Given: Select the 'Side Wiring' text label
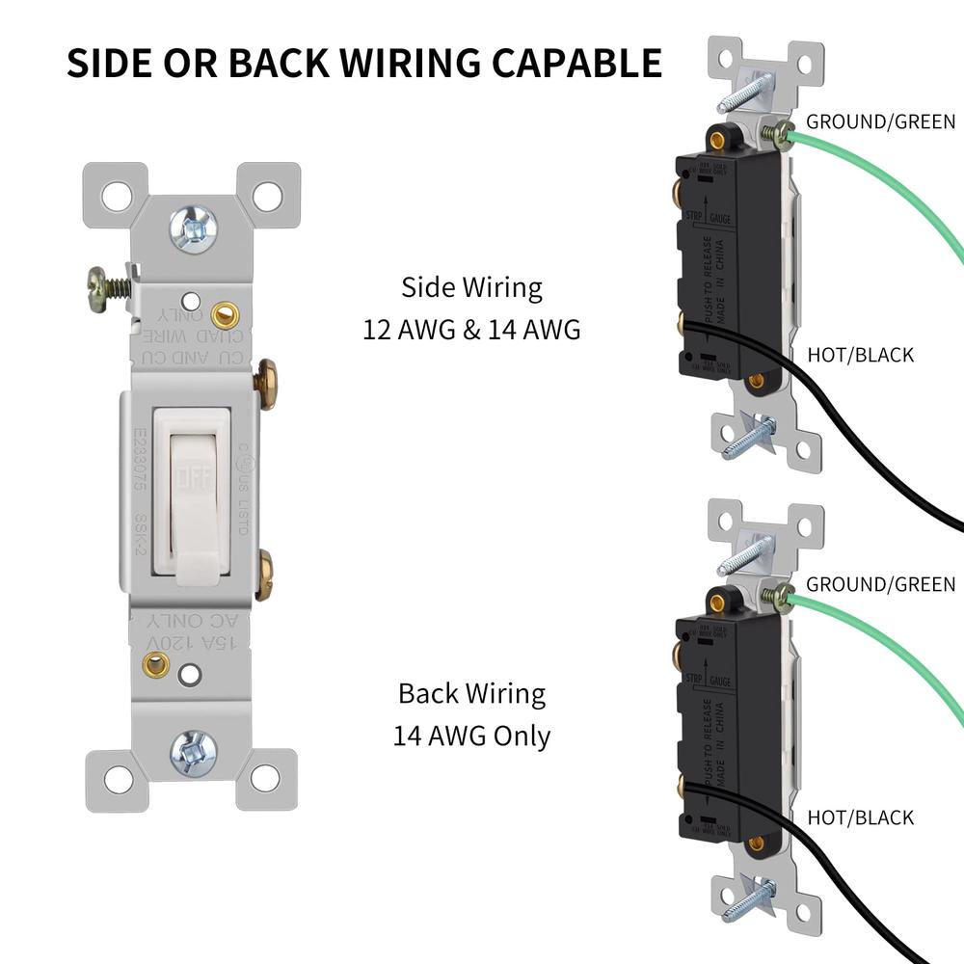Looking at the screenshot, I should tap(471, 287).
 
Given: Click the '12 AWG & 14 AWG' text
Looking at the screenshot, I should tap(471, 330).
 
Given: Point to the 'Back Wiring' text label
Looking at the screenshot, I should tap(471, 693).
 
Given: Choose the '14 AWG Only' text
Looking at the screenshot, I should tap(471, 736).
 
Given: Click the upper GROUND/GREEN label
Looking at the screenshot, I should tap(880, 121).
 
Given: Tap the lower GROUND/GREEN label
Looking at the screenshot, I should tap(880, 584).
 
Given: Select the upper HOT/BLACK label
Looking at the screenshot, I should tap(860, 355).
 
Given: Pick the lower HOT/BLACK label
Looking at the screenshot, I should tap(860, 817).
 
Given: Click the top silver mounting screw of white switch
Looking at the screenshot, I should tap(194, 228).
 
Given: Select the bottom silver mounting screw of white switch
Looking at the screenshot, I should tap(194, 753).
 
